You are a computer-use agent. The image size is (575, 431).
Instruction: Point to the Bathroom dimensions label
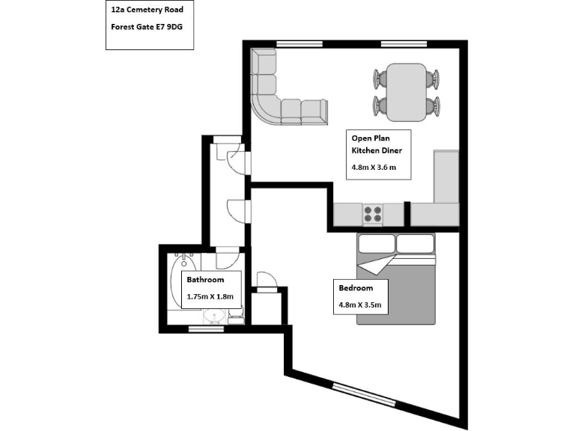pos(210,297)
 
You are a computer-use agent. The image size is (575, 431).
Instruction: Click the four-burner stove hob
pos(373,215)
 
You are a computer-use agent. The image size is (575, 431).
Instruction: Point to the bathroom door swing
pos(227,260)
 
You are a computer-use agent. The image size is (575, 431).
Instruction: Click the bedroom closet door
pos(267,281)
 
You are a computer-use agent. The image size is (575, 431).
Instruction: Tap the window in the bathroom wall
pos(206,328)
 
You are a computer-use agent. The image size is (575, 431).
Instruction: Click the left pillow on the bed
pos(375,244)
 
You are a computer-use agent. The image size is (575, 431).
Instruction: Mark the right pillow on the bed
pos(416,244)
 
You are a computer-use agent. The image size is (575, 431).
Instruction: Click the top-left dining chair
pos(380,79)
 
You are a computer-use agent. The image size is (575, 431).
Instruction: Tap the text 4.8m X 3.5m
pos(360,305)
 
